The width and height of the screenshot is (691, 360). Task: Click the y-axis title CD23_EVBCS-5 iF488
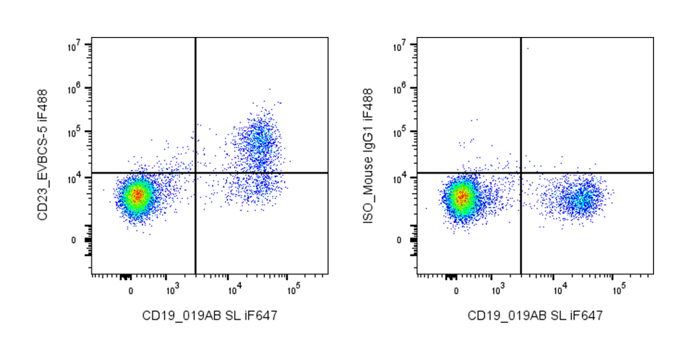(x=43, y=156)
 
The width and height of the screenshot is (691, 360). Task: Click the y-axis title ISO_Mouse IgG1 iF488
(x=368, y=156)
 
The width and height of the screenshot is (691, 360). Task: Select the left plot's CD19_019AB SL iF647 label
(x=210, y=316)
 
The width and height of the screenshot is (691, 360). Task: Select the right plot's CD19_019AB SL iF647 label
(x=535, y=316)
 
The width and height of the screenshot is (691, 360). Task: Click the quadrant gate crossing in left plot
(x=195, y=173)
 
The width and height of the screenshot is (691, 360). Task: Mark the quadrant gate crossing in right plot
(x=521, y=173)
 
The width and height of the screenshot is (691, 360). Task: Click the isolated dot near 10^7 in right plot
(x=528, y=48)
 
